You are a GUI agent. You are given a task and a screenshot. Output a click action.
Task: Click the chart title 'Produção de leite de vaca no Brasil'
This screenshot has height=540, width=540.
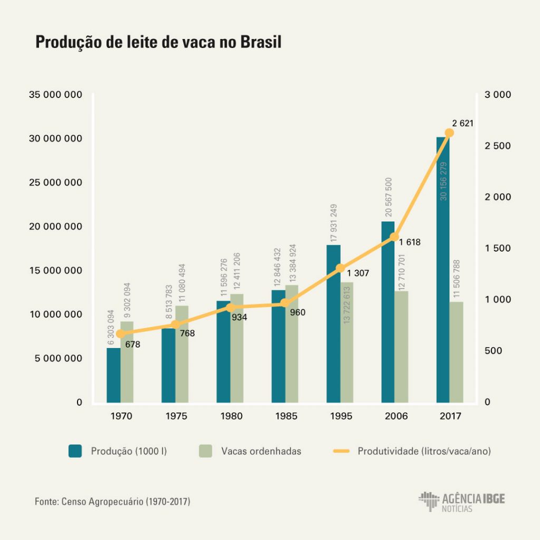tap(158, 43)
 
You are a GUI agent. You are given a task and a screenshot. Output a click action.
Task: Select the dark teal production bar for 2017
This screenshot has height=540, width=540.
tap(442, 274)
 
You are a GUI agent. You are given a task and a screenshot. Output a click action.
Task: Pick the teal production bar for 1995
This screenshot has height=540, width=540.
tap(333, 327)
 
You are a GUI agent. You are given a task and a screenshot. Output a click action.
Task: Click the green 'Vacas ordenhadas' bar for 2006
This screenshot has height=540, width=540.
tap(402, 348)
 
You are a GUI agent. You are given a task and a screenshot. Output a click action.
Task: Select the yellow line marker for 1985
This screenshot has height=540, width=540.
tap(285, 303)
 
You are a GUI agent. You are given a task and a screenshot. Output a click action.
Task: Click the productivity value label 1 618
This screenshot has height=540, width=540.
tap(410, 243)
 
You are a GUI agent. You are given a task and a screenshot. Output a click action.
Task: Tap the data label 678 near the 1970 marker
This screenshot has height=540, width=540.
tap(132, 344)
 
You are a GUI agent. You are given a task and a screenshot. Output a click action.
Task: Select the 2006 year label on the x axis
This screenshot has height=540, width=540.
tap(396, 416)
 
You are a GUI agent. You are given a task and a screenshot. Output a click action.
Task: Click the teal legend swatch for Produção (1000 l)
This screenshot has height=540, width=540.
tap(75, 451)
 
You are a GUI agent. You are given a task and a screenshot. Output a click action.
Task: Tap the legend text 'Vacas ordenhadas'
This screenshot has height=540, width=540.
tap(262, 451)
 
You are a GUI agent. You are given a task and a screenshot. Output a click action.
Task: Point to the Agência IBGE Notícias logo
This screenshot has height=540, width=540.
tap(462, 502)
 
